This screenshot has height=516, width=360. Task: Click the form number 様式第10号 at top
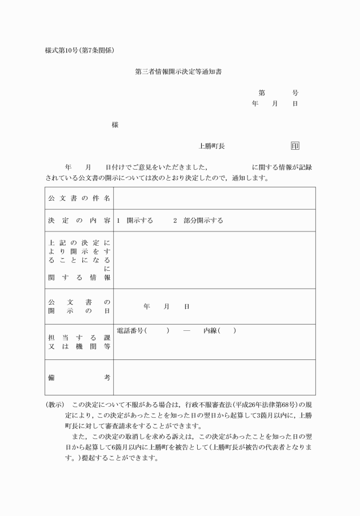[x=61, y=50]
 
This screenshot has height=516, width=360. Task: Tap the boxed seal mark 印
[x=295, y=146]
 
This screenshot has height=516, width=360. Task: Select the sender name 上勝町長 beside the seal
[x=211, y=146]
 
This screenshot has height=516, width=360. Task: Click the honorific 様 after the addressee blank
[x=115, y=125]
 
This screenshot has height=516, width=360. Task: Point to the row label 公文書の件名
[x=79, y=198]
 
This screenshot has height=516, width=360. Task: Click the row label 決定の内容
[x=79, y=221]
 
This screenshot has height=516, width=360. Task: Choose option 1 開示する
[x=135, y=221]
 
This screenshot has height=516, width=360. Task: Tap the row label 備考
[x=79, y=378]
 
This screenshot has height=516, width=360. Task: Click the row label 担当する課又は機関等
[x=79, y=342]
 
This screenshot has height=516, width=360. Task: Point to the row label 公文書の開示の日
[x=79, y=306]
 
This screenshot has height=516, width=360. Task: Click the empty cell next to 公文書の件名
[x=214, y=198]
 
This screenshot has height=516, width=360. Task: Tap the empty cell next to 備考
[x=214, y=378]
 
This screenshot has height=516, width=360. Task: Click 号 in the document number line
[x=295, y=93]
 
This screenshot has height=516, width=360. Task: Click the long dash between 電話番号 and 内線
[x=186, y=331]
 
